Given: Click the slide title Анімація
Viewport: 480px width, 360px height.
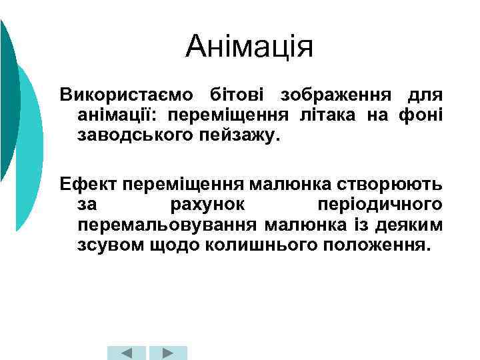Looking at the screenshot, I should click(249, 47).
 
